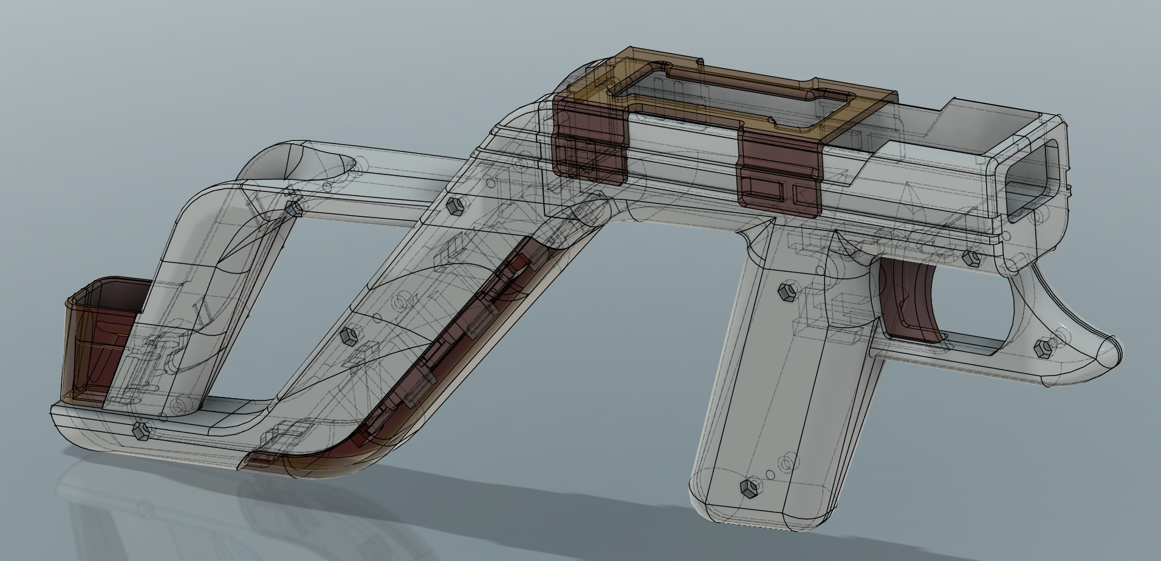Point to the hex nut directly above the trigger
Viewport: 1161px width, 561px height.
[970, 259]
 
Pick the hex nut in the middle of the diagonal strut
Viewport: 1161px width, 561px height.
[349, 336]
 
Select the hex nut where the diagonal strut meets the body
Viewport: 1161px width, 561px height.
[454, 206]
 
